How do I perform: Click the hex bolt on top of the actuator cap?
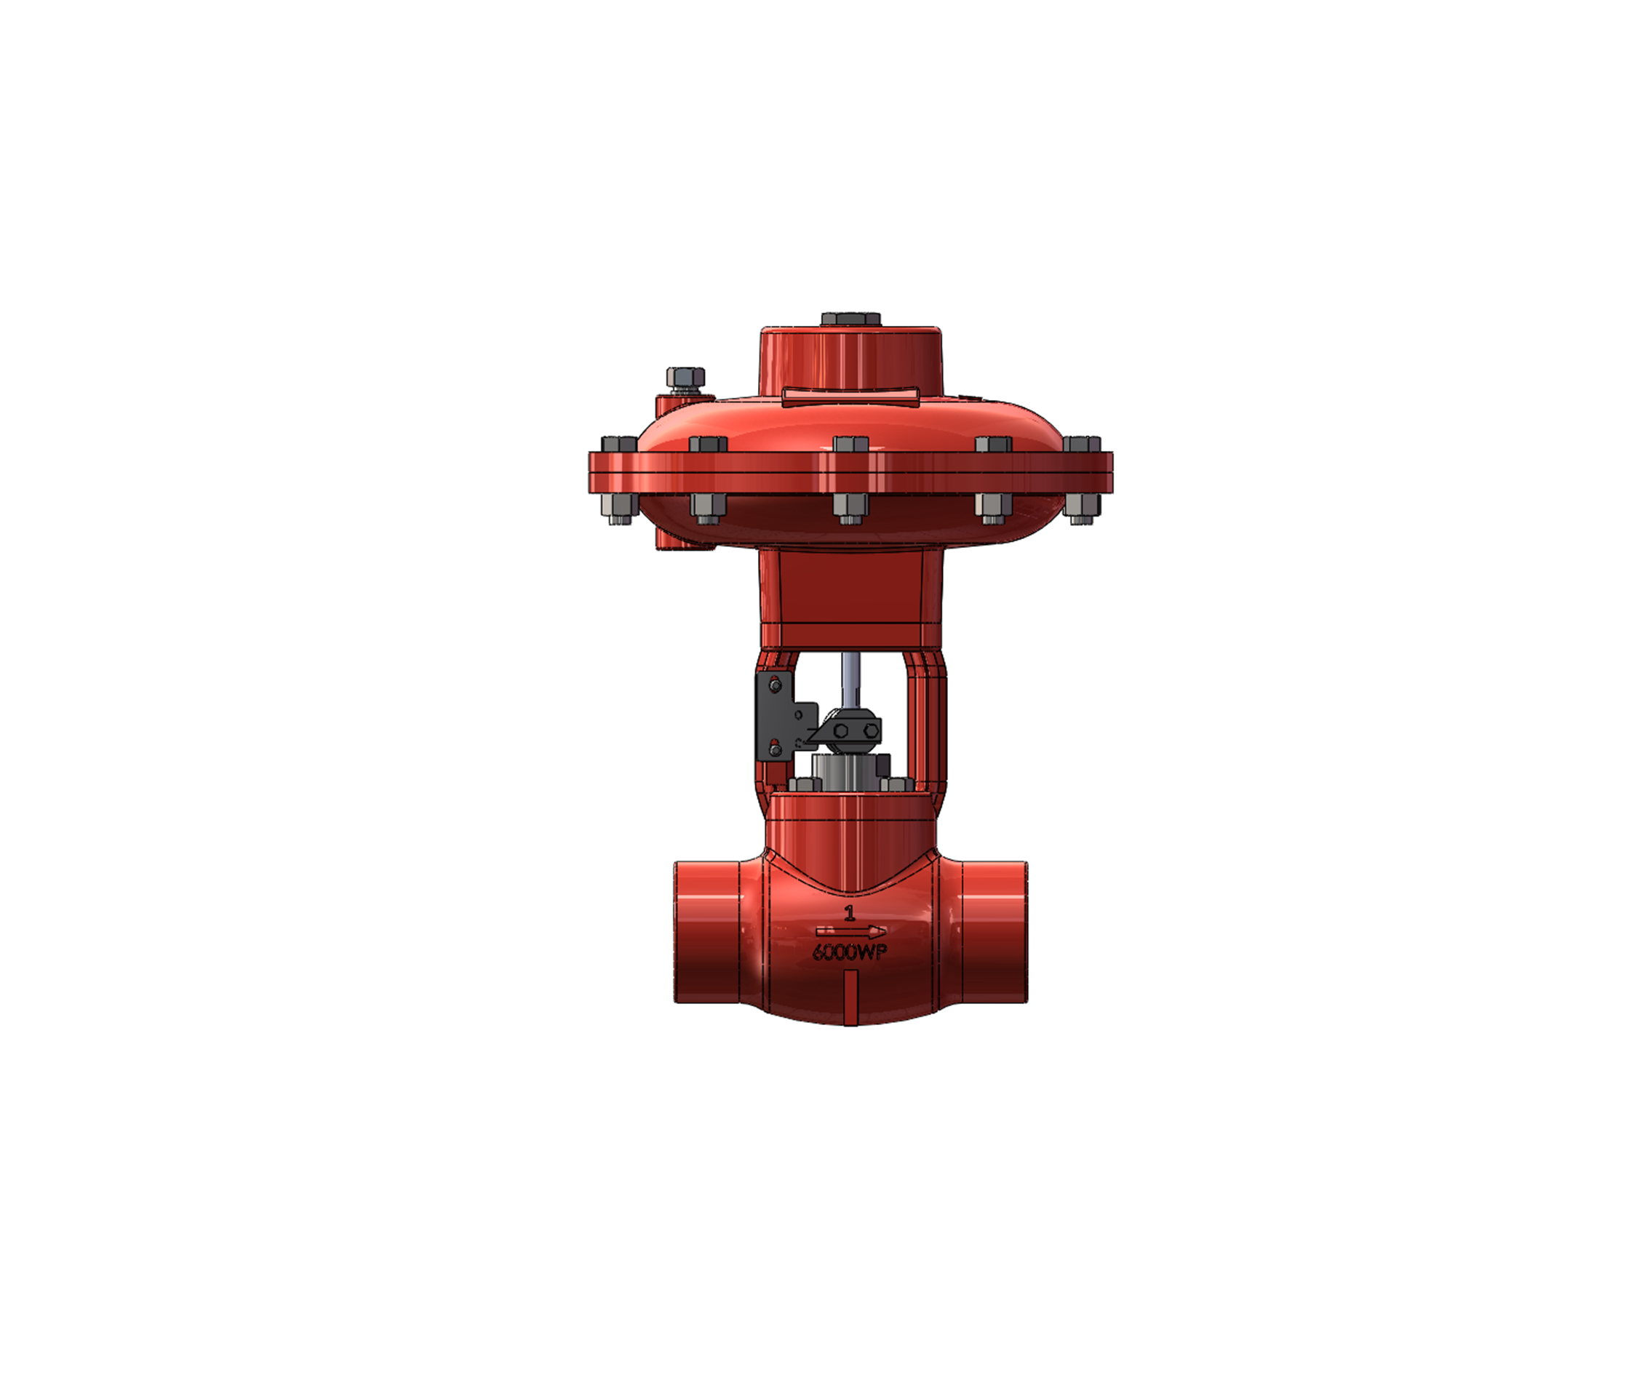coord(850,319)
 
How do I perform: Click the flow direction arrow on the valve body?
coord(851,932)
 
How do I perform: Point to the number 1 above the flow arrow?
coord(849,913)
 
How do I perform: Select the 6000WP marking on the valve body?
coord(849,952)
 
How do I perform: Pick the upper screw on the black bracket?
coord(776,686)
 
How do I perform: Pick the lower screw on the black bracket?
coord(776,749)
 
